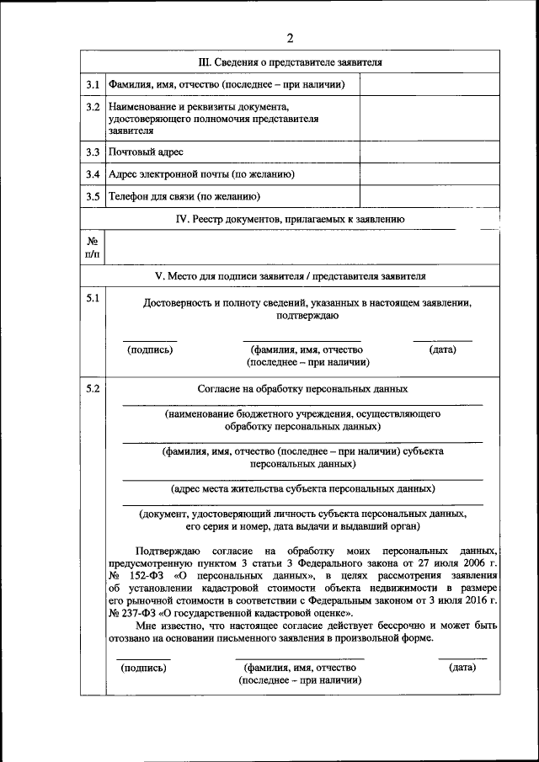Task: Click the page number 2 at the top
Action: (x=290, y=39)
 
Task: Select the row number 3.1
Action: (x=93, y=85)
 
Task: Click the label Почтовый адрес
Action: (x=146, y=152)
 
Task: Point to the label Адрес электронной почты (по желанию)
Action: (x=200, y=174)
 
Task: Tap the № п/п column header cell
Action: (x=93, y=247)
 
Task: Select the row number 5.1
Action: (x=93, y=299)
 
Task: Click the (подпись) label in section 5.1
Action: (x=150, y=349)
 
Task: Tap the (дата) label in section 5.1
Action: (x=442, y=349)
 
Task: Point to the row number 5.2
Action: (x=93, y=388)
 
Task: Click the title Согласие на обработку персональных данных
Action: (x=302, y=389)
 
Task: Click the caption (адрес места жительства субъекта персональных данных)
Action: (x=302, y=488)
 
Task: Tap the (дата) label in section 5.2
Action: (x=462, y=667)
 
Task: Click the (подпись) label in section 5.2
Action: (x=143, y=668)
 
